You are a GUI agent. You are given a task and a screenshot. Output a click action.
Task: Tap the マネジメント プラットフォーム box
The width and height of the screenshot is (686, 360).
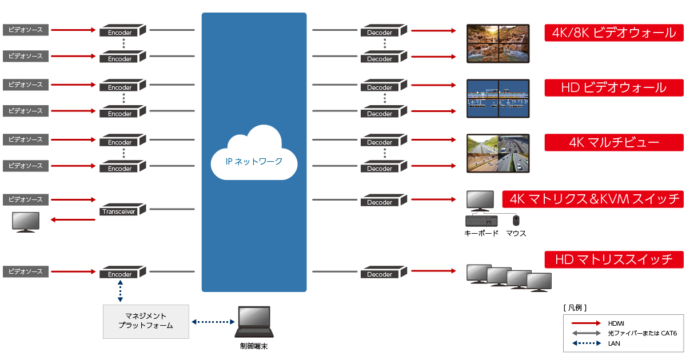146,321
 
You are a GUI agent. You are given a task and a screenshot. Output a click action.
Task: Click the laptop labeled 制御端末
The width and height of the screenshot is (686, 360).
254,323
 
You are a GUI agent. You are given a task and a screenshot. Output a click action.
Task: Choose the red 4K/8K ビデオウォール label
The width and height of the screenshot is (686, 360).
614,33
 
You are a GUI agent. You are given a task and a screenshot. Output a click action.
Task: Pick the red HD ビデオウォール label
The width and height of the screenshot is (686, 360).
614,88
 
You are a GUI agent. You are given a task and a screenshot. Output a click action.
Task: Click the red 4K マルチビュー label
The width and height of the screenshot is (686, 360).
614,143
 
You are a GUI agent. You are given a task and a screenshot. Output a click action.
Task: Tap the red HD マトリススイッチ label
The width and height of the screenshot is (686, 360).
614,259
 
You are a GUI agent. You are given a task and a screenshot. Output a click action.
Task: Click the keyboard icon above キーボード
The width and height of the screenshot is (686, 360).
481,221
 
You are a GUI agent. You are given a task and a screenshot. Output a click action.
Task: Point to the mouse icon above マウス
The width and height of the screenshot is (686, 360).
516,220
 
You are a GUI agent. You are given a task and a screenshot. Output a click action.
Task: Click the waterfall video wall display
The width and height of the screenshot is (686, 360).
497,43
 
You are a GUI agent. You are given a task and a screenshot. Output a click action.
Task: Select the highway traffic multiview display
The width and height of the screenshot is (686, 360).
497,153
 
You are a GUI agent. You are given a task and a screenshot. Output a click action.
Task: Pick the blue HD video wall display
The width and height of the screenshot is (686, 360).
497,98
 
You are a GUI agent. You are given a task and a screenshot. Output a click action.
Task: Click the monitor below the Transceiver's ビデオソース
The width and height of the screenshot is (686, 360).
26,222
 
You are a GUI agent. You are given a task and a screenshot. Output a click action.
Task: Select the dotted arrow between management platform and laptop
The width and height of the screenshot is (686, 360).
212,322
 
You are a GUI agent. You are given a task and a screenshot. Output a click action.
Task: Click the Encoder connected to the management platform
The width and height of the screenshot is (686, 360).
122,272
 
